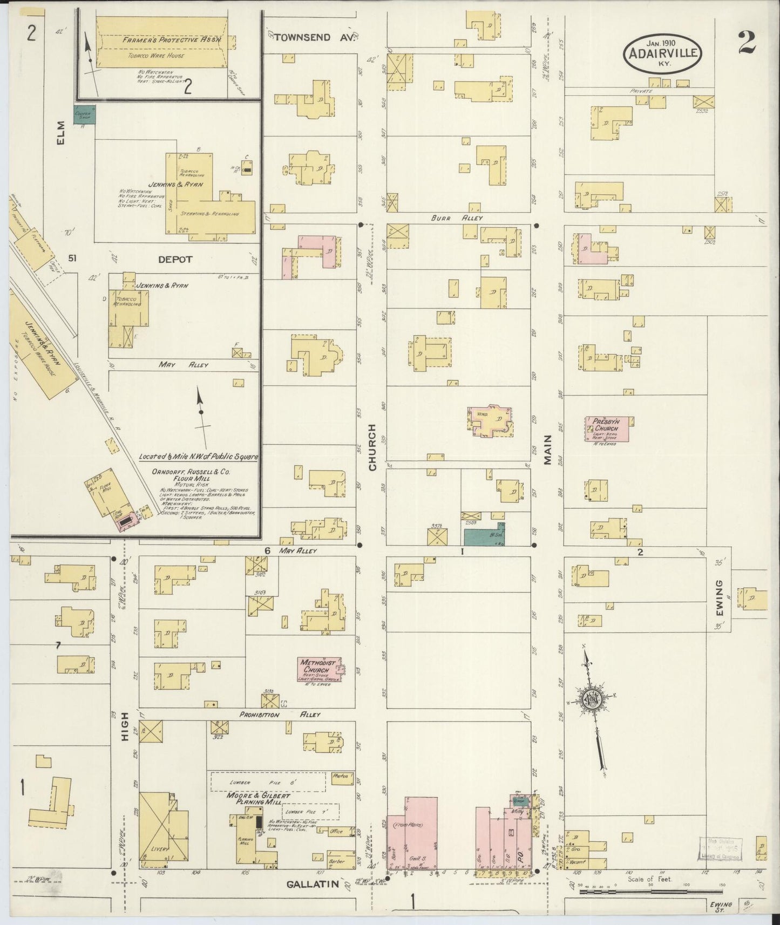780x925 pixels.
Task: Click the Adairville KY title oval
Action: [663, 52]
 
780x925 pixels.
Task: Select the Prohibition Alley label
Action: [280, 715]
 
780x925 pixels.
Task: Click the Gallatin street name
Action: [313, 884]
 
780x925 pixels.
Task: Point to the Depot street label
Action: [175, 260]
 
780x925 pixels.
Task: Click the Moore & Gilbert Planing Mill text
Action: [258, 799]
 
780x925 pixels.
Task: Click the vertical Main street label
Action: [548, 450]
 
